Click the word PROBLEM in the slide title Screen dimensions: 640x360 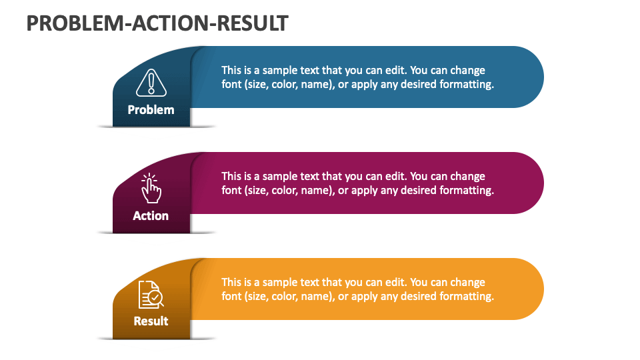pos(75,23)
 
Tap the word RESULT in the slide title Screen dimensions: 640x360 pos(252,23)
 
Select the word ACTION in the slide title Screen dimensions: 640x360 pos(171,23)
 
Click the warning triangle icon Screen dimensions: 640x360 pos(151,83)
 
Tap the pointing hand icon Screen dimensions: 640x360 pos(151,188)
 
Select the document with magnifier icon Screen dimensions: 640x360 pos(151,294)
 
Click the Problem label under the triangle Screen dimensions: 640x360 pos(151,110)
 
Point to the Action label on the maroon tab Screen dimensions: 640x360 pos(151,215)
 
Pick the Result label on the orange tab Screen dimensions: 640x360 pos(151,321)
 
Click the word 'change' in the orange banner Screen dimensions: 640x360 pos(468,283)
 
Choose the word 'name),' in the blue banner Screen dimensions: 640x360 pos(318,85)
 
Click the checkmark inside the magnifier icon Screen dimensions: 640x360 pos(155,297)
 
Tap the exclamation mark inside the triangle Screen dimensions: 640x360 pos(151,82)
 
